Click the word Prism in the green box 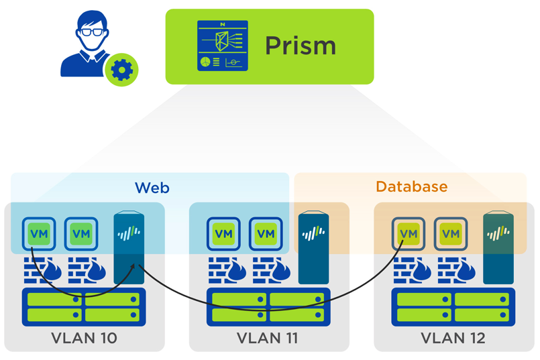[x=300, y=46]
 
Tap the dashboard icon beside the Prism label [x=222, y=46]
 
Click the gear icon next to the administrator [x=121, y=69]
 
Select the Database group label [x=411, y=186]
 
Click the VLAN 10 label [x=84, y=339]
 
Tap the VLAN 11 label [x=268, y=339]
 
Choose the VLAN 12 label [x=453, y=339]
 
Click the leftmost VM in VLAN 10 [x=39, y=234]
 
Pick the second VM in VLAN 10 [x=81, y=234]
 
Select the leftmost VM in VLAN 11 [x=223, y=234]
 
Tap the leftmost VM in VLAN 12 [x=409, y=234]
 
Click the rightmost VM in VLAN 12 [x=451, y=234]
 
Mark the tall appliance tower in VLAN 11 [x=313, y=247]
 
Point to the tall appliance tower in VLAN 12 [x=498, y=247]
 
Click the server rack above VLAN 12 [x=453, y=307]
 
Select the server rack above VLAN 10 [x=84, y=307]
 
